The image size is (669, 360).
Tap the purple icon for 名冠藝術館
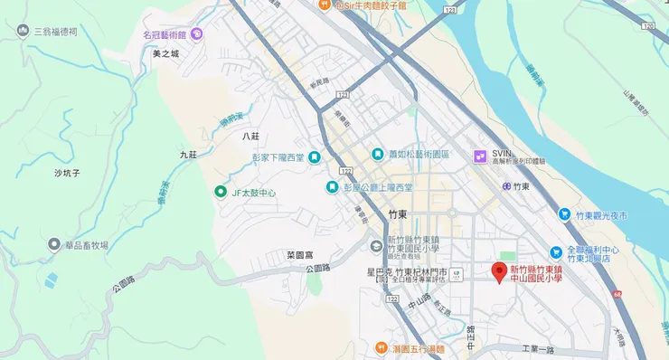(x=197, y=34)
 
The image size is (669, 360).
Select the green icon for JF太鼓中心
(x=220, y=192)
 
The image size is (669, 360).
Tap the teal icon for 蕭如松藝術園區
(x=377, y=155)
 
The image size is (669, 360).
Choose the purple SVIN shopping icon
(x=481, y=156)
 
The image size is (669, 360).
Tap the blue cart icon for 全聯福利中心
(x=558, y=252)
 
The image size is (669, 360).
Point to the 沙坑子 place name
(x=68, y=172)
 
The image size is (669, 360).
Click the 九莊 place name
(x=187, y=155)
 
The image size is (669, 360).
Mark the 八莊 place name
(x=250, y=136)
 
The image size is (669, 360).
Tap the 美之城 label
(x=166, y=54)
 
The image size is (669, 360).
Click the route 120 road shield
(x=647, y=27)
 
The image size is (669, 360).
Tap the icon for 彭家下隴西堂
(x=314, y=157)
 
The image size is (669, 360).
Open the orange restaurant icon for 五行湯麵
(x=382, y=347)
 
